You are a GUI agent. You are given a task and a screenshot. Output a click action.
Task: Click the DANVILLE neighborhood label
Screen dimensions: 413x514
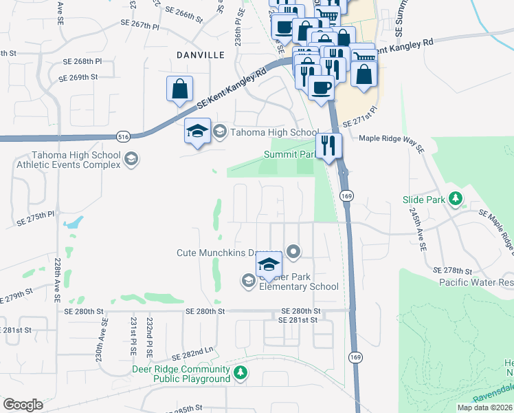181,54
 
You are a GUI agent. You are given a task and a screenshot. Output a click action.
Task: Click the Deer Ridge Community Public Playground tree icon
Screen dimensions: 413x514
240,373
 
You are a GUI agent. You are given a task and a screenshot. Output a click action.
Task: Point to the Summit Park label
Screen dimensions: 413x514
289,155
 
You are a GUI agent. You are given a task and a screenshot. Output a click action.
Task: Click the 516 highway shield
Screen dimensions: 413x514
123,136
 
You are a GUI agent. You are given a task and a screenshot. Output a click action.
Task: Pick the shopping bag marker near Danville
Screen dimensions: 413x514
179,89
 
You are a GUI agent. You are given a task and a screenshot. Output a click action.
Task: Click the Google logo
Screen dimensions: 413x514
23,405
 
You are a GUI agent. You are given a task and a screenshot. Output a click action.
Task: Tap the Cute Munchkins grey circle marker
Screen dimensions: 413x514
293,252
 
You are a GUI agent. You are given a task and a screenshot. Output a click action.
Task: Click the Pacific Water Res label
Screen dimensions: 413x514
476,282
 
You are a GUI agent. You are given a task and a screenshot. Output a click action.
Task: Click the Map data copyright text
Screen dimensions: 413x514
485,407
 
